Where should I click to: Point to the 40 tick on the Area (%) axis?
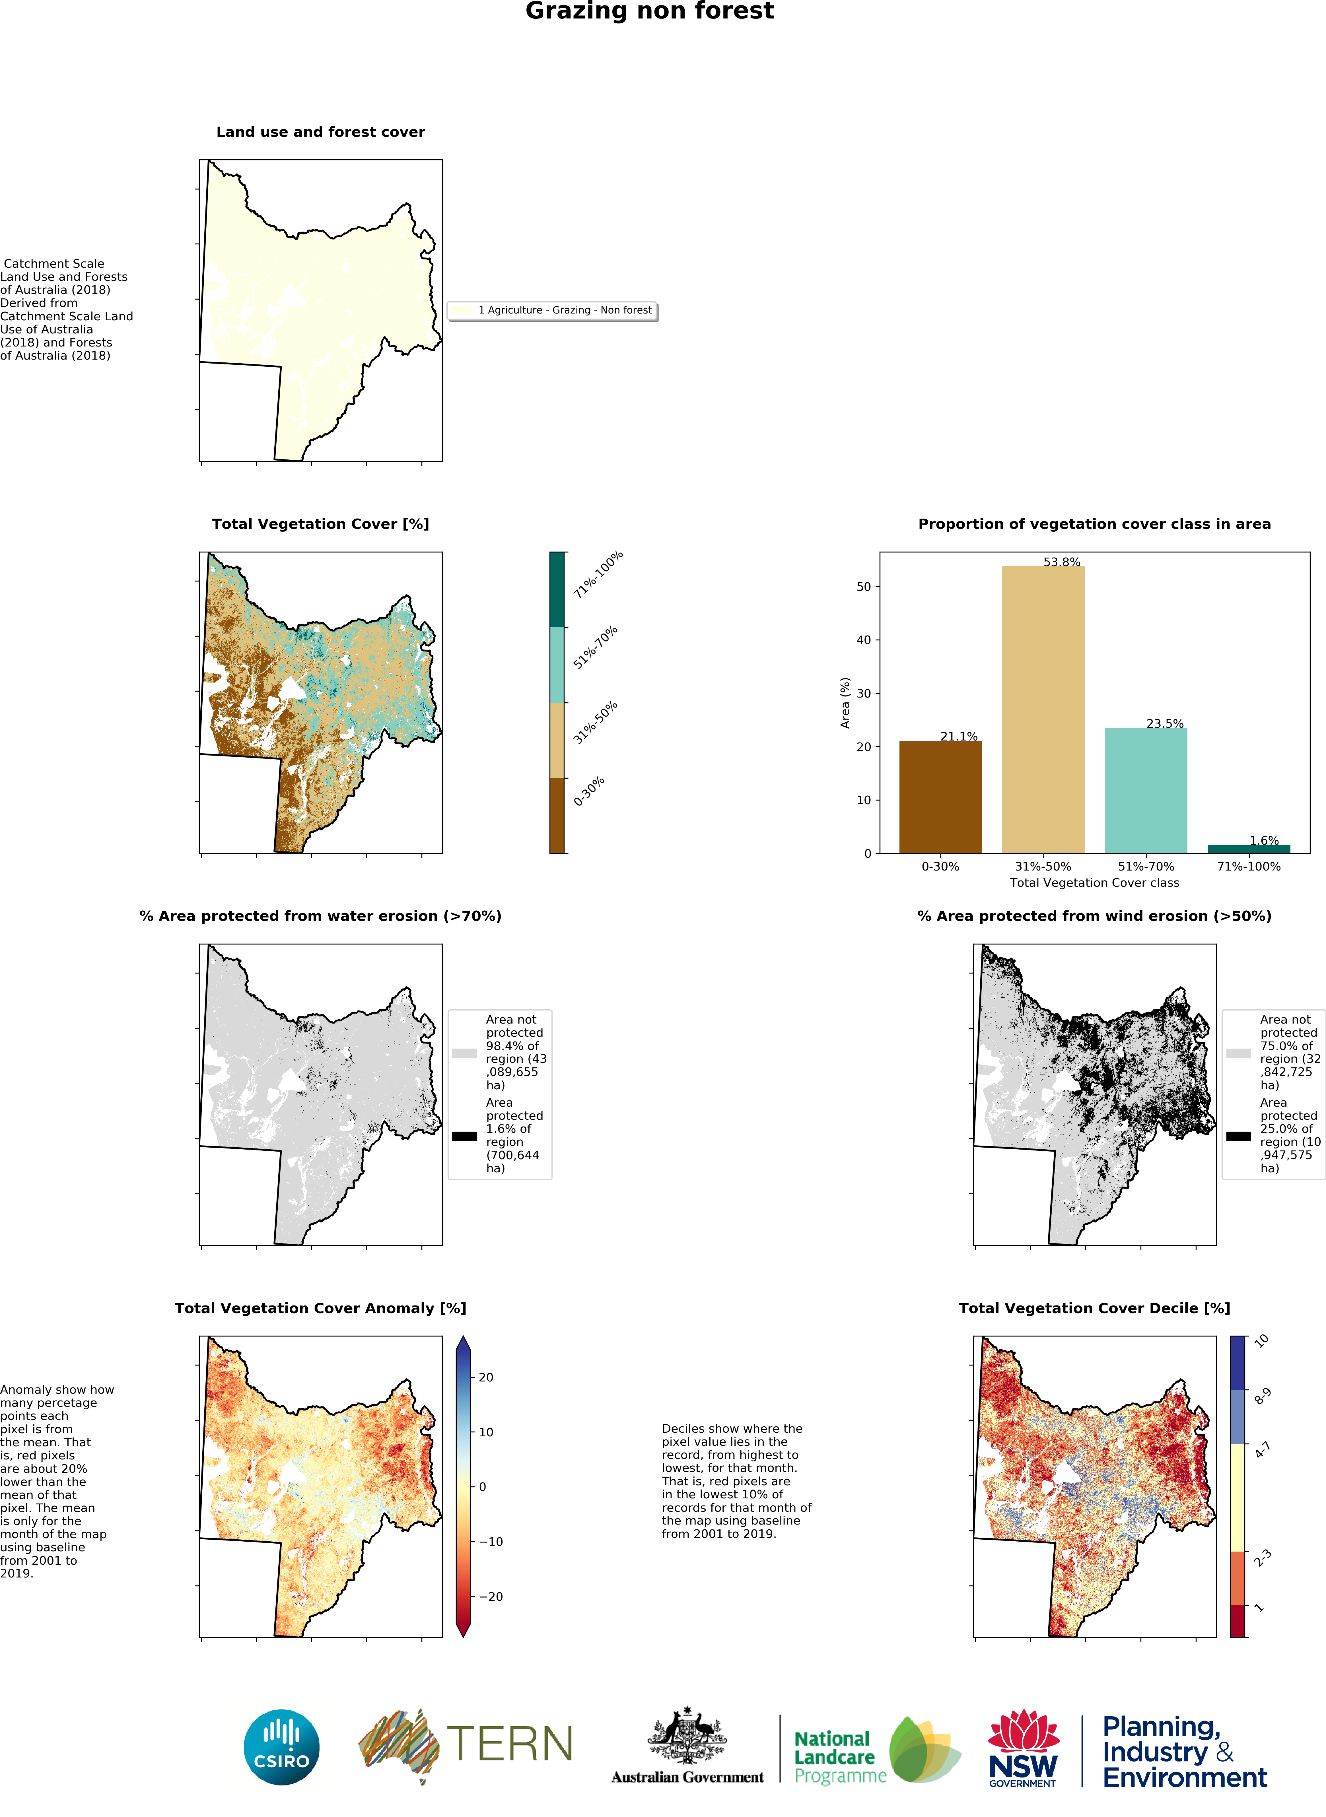tap(864, 640)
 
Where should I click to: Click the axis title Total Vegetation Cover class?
tap(1094, 883)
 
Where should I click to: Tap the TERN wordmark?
tap(509, 1745)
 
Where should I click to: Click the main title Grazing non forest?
tap(649, 11)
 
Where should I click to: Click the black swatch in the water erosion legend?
tap(464, 1136)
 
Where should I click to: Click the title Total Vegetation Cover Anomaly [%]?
tap(320, 1308)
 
